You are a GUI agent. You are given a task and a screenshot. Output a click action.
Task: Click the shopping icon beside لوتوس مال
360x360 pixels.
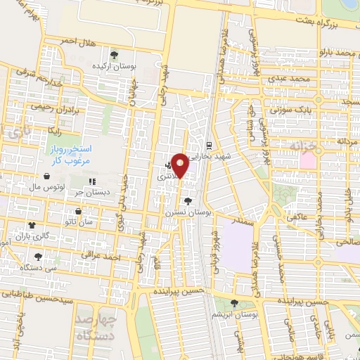click(46, 177)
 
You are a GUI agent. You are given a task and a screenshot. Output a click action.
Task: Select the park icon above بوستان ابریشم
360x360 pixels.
click(235, 303)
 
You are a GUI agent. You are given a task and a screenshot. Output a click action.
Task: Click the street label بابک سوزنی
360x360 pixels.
click(294, 109)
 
